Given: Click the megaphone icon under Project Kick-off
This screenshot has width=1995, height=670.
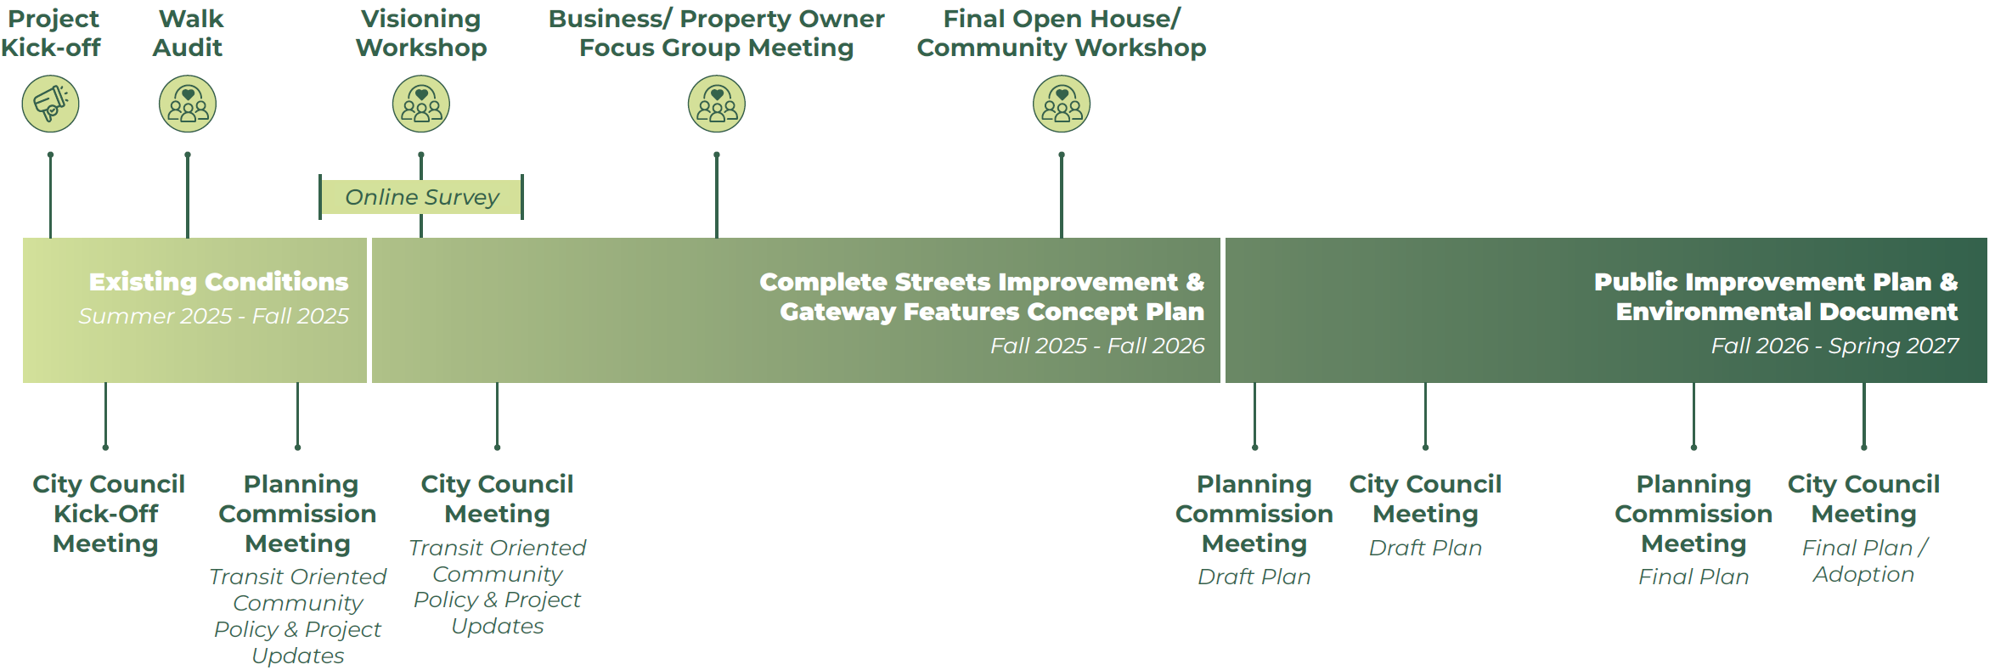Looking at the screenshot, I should point(50,104).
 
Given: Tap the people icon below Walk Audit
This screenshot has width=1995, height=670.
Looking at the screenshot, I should point(188,104).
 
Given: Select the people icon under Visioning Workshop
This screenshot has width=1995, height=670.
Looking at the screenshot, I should point(421,104).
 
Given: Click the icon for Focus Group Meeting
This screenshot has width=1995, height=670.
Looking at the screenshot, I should point(717,104).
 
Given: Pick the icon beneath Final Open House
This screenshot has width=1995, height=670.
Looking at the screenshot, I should point(1062,104).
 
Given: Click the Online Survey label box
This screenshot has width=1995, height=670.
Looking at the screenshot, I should point(421,197).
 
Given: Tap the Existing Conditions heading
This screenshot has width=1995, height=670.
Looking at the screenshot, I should point(218,282).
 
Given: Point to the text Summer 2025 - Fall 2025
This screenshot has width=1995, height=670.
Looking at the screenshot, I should point(213,316).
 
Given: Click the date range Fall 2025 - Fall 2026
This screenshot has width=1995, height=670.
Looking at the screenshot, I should point(1096,346).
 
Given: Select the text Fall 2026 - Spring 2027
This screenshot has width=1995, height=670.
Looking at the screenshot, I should point(1834,346).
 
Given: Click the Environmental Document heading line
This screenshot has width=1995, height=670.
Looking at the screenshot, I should point(1786,312).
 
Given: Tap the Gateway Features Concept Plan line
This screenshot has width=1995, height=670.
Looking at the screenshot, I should point(991,312).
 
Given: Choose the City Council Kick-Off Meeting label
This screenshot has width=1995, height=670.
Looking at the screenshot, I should point(107,513).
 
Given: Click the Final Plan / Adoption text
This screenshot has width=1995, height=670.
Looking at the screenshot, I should point(1863,560).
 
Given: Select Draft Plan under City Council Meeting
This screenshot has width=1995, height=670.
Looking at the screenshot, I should point(1425,548).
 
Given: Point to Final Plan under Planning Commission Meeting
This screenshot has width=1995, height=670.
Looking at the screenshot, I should point(1693,577).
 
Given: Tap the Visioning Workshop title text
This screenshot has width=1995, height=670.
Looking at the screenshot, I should point(421,33).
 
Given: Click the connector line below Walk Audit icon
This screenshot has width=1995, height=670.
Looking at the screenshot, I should point(188,195).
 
